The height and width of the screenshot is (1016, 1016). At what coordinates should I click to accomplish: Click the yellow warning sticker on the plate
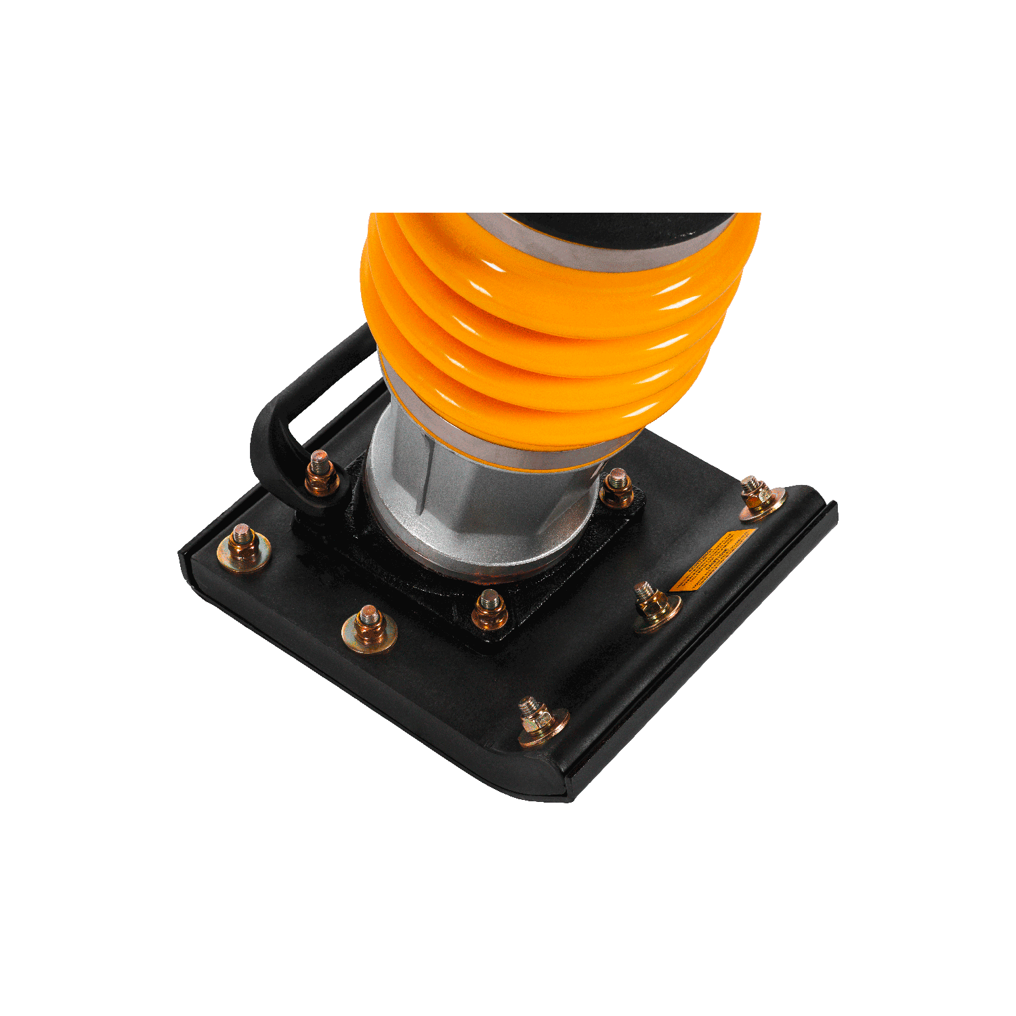[713, 560]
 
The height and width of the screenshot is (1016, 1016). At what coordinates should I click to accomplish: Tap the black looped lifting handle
[271, 433]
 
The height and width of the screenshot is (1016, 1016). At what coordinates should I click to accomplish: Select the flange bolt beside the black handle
[322, 474]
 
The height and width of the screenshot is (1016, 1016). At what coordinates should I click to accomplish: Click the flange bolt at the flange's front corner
[489, 609]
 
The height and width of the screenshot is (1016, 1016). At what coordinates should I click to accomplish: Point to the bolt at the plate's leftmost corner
[243, 547]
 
